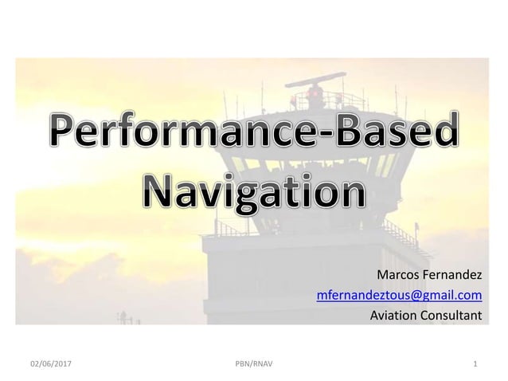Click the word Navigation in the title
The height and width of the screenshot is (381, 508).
click(x=254, y=192)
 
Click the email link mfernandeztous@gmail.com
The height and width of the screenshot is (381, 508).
click(x=399, y=296)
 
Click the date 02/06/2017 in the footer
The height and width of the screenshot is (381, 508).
click(x=49, y=365)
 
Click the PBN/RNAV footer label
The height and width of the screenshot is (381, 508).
click(x=253, y=365)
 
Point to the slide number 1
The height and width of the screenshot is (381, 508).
click(x=475, y=365)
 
